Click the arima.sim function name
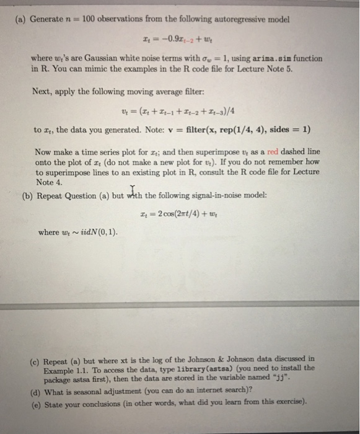(273, 58)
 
